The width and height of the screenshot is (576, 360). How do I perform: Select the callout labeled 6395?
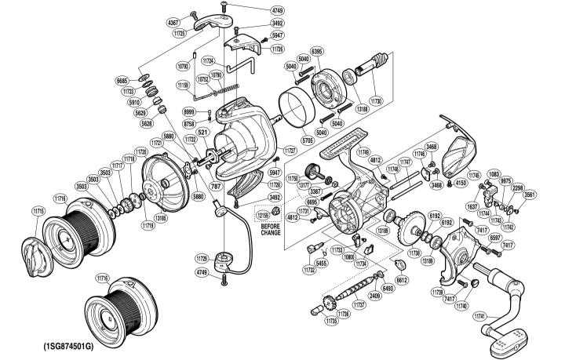317,52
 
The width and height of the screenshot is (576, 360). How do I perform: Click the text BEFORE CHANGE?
270,229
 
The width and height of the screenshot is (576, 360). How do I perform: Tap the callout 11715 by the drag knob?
37,211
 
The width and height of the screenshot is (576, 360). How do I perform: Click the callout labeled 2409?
376,296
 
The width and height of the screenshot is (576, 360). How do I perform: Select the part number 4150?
461,184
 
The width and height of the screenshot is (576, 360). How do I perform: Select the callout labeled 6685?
122,81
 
